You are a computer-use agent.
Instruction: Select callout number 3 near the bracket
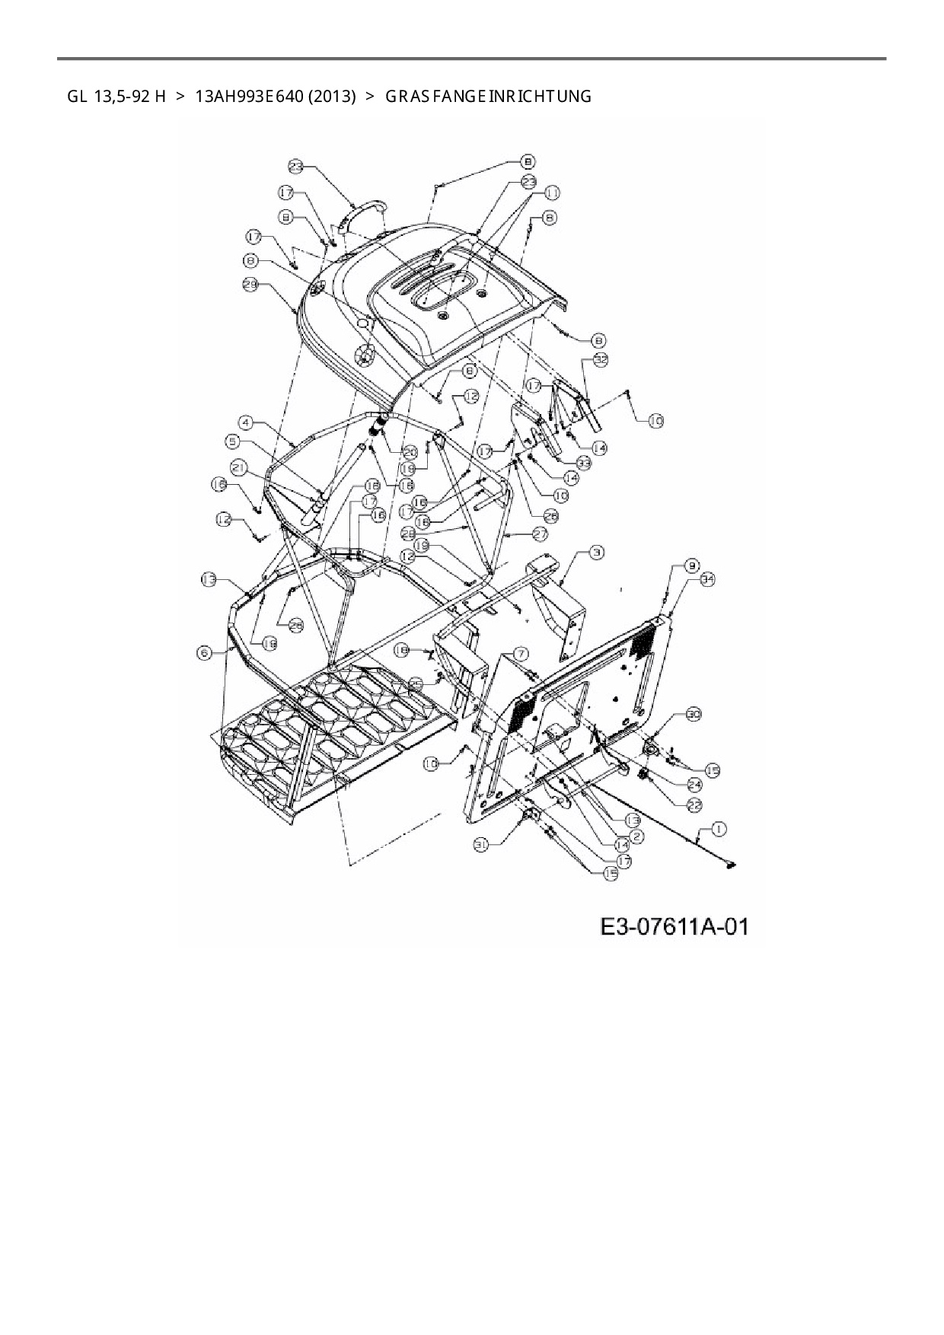pos(596,552)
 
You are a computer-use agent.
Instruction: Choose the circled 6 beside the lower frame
pos(204,653)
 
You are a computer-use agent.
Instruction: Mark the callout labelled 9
pos(691,566)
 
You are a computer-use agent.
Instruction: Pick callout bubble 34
pos(708,579)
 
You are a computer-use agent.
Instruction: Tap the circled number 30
pos(693,715)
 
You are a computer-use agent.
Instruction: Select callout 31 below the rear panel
pos(480,844)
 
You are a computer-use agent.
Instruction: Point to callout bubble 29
pos(251,284)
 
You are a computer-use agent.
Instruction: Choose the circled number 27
pos(540,535)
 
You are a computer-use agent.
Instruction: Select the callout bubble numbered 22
pos(694,805)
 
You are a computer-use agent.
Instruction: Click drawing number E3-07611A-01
pos(675,926)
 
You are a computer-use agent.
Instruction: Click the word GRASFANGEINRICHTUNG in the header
pos(488,97)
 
